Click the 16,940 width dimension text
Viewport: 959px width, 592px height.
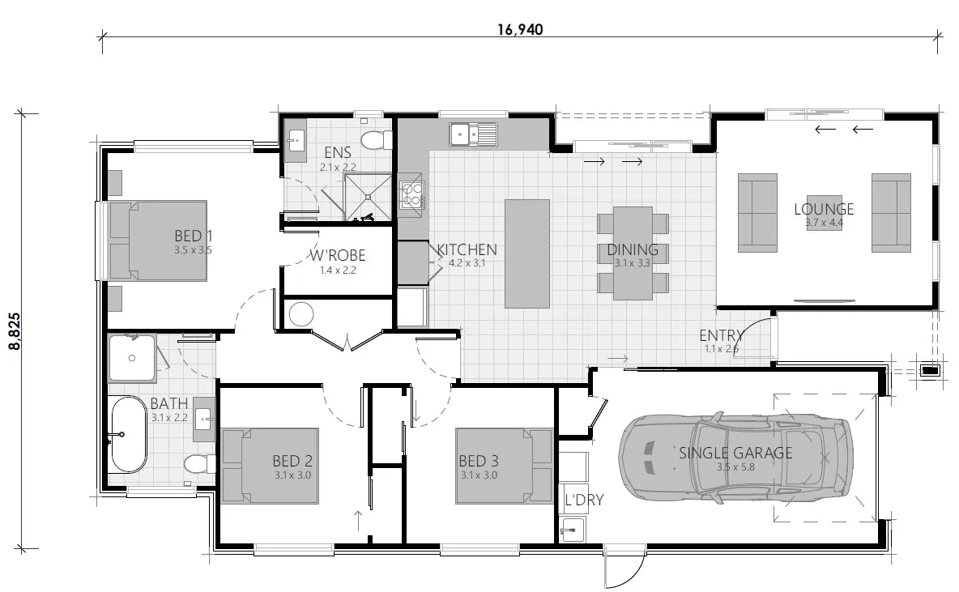click(x=520, y=29)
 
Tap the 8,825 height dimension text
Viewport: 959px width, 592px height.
click(x=15, y=331)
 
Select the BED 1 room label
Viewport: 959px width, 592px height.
click(x=194, y=236)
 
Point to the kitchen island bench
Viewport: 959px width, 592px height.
click(x=526, y=253)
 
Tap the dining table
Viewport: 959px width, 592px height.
click(x=633, y=253)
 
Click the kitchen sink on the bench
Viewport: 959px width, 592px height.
click(x=473, y=134)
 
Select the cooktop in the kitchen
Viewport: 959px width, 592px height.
click(x=411, y=195)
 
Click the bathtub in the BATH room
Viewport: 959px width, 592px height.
click(x=129, y=434)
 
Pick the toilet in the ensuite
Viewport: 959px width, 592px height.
click(x=376, y=141)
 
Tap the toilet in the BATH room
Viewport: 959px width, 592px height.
click(x=200, y=463)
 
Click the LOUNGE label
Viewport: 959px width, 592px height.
click(x=824, y=209)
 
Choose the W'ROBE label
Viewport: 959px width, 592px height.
click(x=338, y=255)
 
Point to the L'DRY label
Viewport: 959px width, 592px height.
click(x=584, y=500)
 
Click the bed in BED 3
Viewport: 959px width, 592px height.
click(x=504, y=466)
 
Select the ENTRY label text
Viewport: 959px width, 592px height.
click(x=722, y=335)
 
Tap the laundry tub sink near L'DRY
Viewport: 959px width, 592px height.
click(x=572, y=530)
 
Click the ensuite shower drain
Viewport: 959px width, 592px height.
click(x=369, y=198)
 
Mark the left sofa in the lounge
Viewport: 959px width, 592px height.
click(x=757, y=213)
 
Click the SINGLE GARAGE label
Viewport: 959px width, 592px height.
click(x=735, y=453)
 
